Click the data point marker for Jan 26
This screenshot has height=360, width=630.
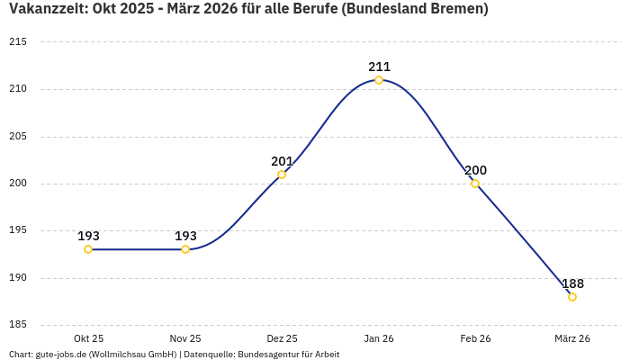379,80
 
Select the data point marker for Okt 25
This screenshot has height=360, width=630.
88,249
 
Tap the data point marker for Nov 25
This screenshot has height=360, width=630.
185,249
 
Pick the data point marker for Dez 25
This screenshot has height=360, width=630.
282,175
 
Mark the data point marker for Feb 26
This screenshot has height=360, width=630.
475,184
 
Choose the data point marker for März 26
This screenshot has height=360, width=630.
572,297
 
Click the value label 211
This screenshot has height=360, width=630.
379,67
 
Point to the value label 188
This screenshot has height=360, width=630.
572,283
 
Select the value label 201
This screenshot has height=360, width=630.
282,161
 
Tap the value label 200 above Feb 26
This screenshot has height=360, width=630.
475,170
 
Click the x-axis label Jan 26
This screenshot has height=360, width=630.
379,338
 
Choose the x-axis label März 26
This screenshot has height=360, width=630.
572,338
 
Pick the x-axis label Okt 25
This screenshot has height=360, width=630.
88,338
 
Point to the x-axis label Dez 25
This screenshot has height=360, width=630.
282,338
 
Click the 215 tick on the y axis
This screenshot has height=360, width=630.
17,42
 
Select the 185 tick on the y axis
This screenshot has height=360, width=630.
17,324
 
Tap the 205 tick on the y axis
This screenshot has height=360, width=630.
17,136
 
